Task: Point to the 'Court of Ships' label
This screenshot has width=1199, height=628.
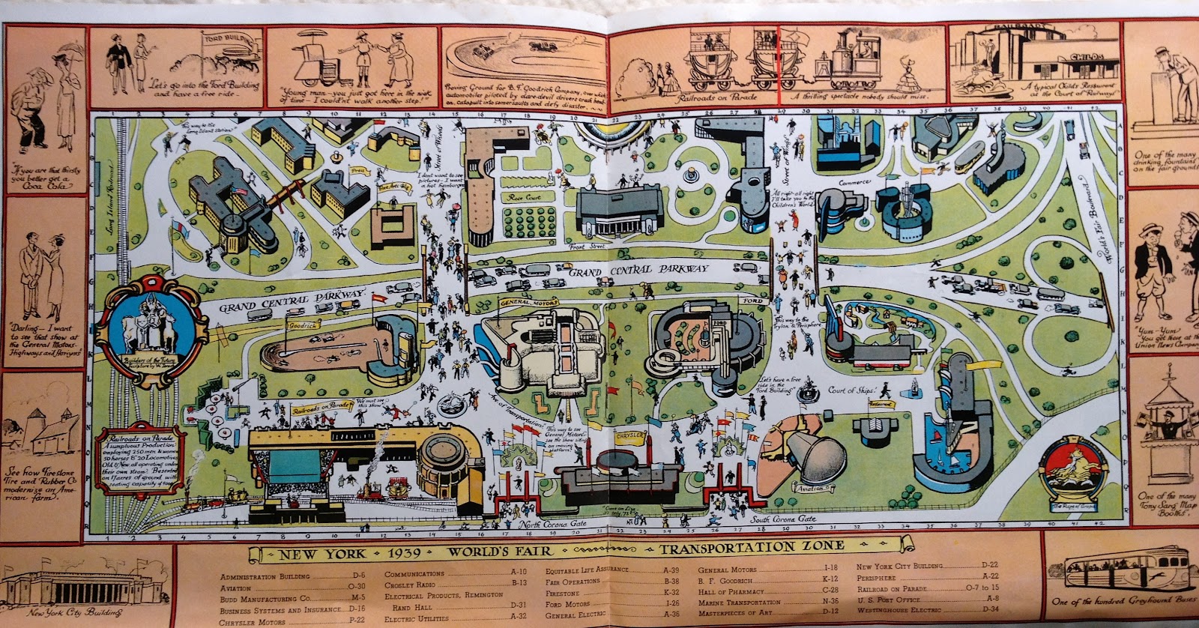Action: coord(846,390)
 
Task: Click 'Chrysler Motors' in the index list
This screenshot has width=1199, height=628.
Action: coord(253,621)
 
